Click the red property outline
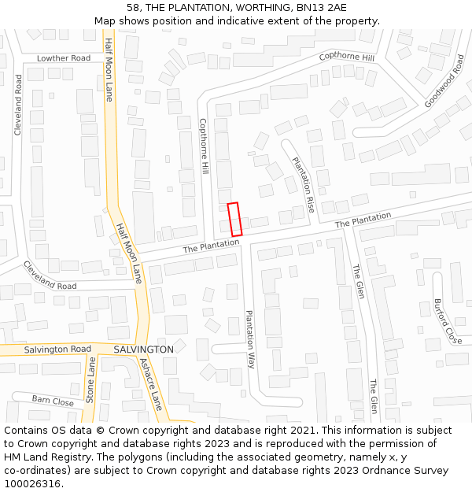pos(234,219)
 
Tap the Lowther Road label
pos(64,58)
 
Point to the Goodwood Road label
pos(444,81)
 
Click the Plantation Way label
pos(250,339)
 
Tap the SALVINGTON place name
pos(143,349)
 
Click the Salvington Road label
pos(57,349)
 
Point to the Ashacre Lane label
pos(150,384)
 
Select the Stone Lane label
pos(90,380)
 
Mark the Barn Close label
pos(53,401)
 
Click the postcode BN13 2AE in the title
pos(325,7)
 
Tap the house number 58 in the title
pos(133,7)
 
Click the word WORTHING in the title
pos(251,7)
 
